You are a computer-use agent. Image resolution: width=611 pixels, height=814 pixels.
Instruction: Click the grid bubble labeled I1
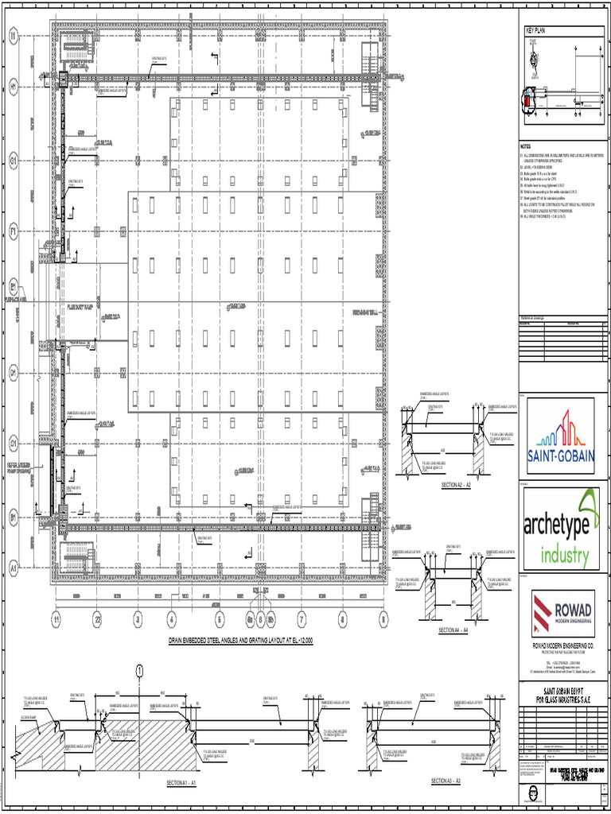(14, 36)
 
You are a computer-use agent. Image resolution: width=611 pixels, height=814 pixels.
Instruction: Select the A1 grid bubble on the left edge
(14, 568)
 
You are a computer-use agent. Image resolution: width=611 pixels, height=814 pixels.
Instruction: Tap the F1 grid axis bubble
(14, 231)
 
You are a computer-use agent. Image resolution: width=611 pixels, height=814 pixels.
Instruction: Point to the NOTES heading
(525, 147)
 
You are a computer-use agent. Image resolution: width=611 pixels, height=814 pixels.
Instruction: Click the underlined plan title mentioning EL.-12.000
(240, 641)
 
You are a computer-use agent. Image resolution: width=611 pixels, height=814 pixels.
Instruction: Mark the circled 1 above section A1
(139, 670)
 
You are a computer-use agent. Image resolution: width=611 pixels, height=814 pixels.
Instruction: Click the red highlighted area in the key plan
(526, 99)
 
